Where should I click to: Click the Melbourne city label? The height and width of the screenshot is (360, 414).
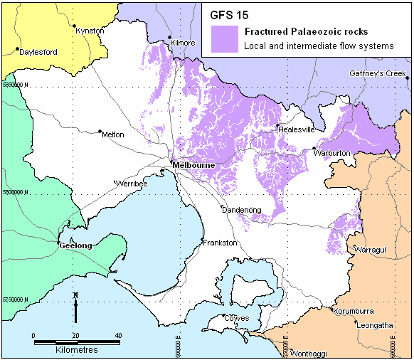193,165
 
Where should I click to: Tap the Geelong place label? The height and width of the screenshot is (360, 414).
75,245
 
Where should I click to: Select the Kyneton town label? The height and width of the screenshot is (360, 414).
90,31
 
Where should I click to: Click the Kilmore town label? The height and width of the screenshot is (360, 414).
183,43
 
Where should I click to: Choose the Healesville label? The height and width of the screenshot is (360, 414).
295,129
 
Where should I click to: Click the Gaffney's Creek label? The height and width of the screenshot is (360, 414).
377,73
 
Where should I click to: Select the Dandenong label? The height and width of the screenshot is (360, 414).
241,210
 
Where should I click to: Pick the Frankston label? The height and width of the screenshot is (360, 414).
220,243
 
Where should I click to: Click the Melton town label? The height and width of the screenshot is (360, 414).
113,134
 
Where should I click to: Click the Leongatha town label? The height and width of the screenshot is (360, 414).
377,326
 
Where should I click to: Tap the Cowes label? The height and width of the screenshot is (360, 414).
236,318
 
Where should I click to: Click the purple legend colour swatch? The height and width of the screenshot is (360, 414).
225,38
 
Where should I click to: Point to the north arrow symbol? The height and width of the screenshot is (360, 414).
75,307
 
